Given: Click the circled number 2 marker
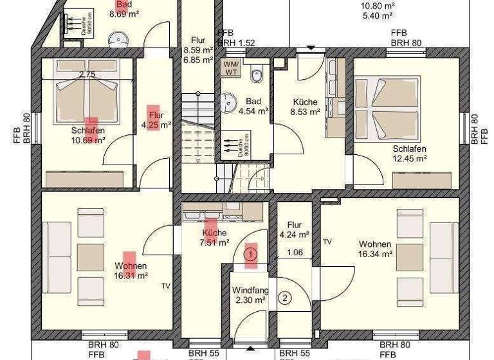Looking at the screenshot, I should [x=286, y=297].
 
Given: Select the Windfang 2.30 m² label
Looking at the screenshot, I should [x=249, y=295].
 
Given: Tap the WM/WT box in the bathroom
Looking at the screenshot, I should [x=231, y=68].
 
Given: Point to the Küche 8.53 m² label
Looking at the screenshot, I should [x=306, y=107].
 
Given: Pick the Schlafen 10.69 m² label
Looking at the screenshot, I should [x=88, y=135].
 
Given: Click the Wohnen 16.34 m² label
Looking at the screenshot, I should [x=376, y=249].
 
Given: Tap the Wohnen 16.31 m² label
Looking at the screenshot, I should [x=131, y=271].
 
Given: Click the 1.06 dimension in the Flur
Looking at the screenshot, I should [x=295, y=252].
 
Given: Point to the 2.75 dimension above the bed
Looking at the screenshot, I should [x=86, y=75].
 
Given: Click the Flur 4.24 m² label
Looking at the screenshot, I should [x=295, y=230].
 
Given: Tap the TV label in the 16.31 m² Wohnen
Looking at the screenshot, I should [x=166, y=286].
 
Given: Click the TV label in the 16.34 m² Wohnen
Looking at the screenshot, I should [x=327, y=242].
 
